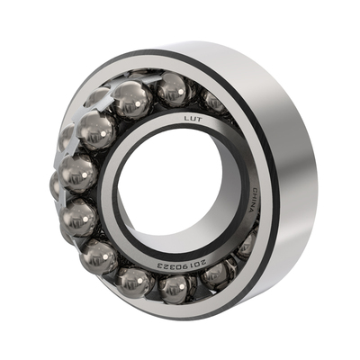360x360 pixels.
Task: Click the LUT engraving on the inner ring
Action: point(193,120)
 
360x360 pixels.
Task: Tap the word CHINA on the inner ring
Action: point(254,201)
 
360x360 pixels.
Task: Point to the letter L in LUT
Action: point(186,119)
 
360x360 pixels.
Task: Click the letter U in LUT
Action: point(193,119)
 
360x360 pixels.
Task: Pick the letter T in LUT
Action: point(200,120)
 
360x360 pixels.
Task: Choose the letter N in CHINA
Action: point(254,205)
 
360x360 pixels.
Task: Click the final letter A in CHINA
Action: point(252,211)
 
